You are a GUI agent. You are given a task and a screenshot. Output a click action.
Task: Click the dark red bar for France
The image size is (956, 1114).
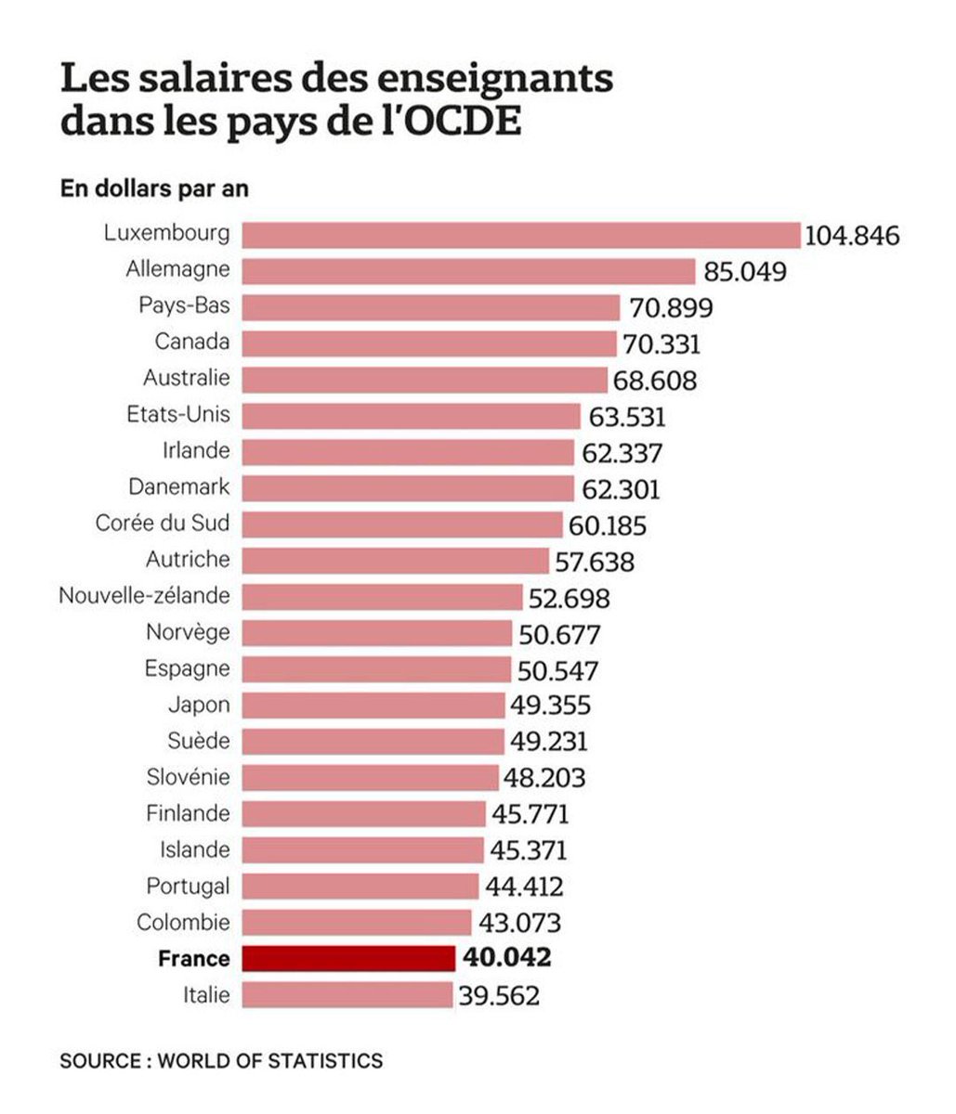[348, 958]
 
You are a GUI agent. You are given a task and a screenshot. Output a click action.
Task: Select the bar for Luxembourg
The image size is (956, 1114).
[520, 234]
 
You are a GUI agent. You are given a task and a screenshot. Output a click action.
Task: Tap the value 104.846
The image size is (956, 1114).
[852, 236]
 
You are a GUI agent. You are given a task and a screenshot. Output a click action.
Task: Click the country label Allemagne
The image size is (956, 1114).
[177, 269]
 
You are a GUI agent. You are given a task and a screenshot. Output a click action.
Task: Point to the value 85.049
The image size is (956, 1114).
[744, 272]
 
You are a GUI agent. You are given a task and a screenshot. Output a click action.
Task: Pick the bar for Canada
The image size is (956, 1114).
[428, 343]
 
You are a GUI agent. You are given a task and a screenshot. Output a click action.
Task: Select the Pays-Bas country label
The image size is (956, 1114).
[184, 305]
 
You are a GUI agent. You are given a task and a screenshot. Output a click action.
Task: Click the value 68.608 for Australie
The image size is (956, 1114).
[654, 381]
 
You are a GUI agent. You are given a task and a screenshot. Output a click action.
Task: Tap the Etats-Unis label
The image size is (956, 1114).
[177, 414]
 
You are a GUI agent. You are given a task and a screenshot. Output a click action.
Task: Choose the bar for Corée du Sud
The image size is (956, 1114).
[401, 525]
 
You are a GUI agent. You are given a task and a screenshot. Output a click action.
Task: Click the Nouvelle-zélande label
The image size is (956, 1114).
[144, 595]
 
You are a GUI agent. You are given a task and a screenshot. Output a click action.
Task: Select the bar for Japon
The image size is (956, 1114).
[373, 706]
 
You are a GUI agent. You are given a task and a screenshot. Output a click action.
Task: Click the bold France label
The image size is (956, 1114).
[193, 959]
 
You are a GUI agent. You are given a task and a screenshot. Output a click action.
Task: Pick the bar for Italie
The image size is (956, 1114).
[347, 994]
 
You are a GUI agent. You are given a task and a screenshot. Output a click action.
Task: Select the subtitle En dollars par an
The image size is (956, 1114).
[154, 188]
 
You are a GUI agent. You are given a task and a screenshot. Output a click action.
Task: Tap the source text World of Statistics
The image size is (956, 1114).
[269, 1060]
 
